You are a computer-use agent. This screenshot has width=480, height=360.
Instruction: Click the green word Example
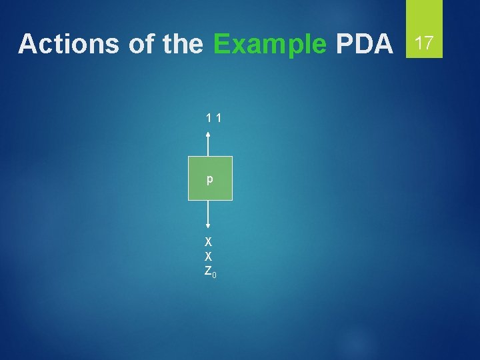pos(269,44)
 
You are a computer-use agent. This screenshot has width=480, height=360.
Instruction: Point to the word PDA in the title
pos(365,44)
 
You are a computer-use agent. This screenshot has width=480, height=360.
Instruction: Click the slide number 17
pos(424,43)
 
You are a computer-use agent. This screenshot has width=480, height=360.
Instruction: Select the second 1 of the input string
pos(219,119)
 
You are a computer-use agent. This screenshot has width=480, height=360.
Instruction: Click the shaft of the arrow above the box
pos(209,145)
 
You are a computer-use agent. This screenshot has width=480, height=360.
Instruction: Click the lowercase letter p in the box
pos(209,179)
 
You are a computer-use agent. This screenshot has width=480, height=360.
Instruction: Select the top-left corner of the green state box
pos(188,157)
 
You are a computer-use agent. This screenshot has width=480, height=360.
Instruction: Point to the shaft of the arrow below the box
pos(209,213)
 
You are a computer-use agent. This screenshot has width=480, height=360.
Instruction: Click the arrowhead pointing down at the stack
pos(209,227)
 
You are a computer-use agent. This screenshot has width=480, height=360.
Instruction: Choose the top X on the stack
pos(209,241)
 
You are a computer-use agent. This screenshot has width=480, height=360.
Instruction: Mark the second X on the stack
pos(209,256)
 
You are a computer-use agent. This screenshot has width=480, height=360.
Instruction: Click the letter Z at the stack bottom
pos(207,271)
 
